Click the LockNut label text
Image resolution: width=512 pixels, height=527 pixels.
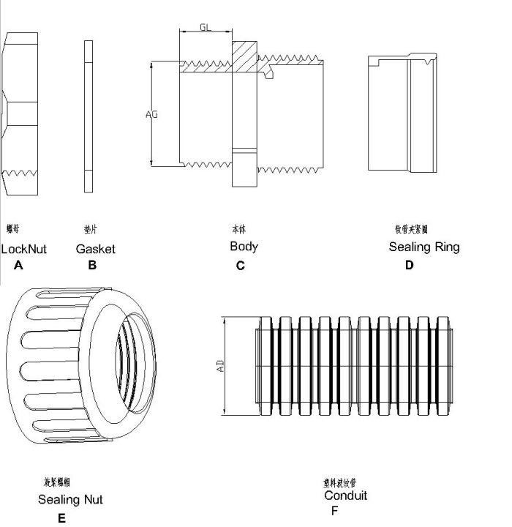pyautogui.click(x=23, y=249)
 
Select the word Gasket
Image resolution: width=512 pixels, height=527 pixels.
pyautogui.click(x=95, y=249)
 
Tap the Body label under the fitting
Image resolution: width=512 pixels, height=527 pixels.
pyautogui.click(x=244, y=247)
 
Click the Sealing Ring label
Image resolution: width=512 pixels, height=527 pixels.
pyautogui.click(x=424, y=247)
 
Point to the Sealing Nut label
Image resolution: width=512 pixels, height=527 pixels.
pyautogui.click(x=70, y=500)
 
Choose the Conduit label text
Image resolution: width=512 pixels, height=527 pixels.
pyautogui.click(x=345, y=496)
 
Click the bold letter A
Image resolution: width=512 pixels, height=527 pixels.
pyautogui.click(x=18, y=266)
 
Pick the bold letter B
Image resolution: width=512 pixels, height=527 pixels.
pyautogui.click(x=92, y=266)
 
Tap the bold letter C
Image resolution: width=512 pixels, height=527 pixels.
pyautogui.click(x=240, y=266)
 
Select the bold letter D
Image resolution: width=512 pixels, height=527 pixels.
pyautogui.click(x=409, y=266)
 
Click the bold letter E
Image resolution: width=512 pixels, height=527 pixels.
pyautogui.click(x=61, y=519)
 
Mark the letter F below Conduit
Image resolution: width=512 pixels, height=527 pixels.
pyautogui.click(x=334, y=511)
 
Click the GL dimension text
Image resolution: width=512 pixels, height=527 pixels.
pyautogui.click(x=206, y=27)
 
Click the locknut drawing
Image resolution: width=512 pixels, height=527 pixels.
pyautogui.click(x=18, y=113)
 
